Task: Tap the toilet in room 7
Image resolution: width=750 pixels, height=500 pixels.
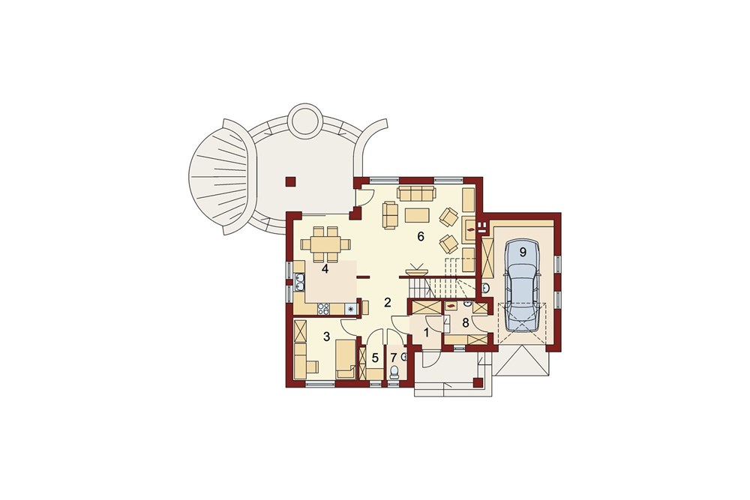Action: tap(394, 372)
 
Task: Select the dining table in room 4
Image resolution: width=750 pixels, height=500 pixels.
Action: tap(325, 244)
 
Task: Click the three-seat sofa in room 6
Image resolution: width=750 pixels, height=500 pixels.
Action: tap(416, 193)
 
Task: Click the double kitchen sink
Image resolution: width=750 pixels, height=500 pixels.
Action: tap(299, 282)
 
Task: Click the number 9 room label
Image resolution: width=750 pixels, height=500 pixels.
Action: tap(523, 251)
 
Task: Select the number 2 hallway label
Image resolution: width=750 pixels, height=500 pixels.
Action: tap(388, 303)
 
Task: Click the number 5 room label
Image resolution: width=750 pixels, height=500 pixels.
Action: tap(375, 358)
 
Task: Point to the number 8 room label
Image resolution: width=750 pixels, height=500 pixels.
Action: tap(465, 322)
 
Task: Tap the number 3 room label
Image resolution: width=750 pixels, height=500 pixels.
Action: tap(327, 337)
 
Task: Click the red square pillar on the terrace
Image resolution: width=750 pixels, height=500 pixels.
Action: tap(290, 181)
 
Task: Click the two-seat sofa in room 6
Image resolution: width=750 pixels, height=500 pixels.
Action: tap(391, 214)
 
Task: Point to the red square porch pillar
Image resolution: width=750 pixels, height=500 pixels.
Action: tap(476, 382)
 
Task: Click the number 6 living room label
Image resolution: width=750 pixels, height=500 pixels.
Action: tap(421, 236)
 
